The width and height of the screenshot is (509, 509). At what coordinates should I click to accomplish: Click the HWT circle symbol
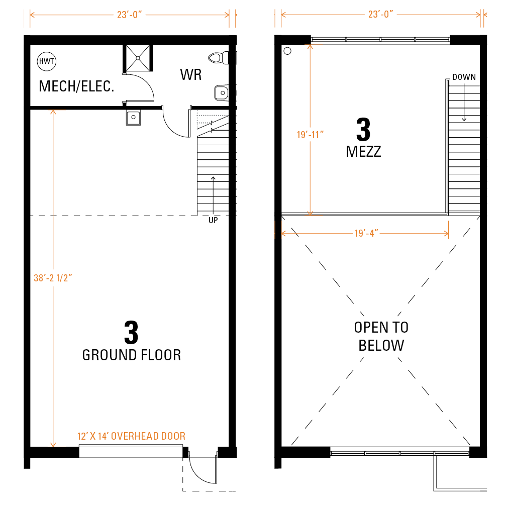coord(47,61)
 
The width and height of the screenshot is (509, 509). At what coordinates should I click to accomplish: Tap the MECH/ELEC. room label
coord(76,86)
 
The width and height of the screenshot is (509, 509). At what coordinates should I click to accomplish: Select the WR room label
coord(191,75)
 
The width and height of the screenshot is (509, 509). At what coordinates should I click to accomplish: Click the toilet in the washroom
coord(219,58)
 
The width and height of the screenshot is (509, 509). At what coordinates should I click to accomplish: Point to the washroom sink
coord(222,93)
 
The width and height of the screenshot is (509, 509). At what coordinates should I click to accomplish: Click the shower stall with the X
coord(138,58)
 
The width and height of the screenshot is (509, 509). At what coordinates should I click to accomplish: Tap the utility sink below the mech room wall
coord(134,117)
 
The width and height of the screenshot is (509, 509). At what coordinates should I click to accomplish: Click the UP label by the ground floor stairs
coord(213,221)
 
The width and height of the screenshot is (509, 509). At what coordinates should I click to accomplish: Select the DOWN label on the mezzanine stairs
coord(464,77)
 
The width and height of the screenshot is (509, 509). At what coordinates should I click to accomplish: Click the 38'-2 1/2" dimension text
coord(53,278)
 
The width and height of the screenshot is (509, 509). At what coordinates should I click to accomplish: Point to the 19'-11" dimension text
coord(311,135)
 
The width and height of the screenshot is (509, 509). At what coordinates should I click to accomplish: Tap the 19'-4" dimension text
coord(366,234)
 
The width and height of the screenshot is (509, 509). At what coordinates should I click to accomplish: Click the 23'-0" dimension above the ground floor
coord(130,15)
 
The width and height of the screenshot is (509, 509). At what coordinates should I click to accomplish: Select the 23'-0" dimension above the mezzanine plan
coord(380,15)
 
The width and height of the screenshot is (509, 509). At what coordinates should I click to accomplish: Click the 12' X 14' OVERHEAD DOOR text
coord(132,436)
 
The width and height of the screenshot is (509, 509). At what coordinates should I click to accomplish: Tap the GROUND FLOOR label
coord(132,355)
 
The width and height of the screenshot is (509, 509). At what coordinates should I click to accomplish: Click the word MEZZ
coord(364,152)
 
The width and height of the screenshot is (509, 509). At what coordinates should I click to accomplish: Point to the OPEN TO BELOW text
coord(381,336)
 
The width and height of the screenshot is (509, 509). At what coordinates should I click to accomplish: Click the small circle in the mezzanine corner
coord(287,51)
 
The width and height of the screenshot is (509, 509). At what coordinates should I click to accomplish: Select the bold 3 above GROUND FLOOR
coord(131,333)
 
